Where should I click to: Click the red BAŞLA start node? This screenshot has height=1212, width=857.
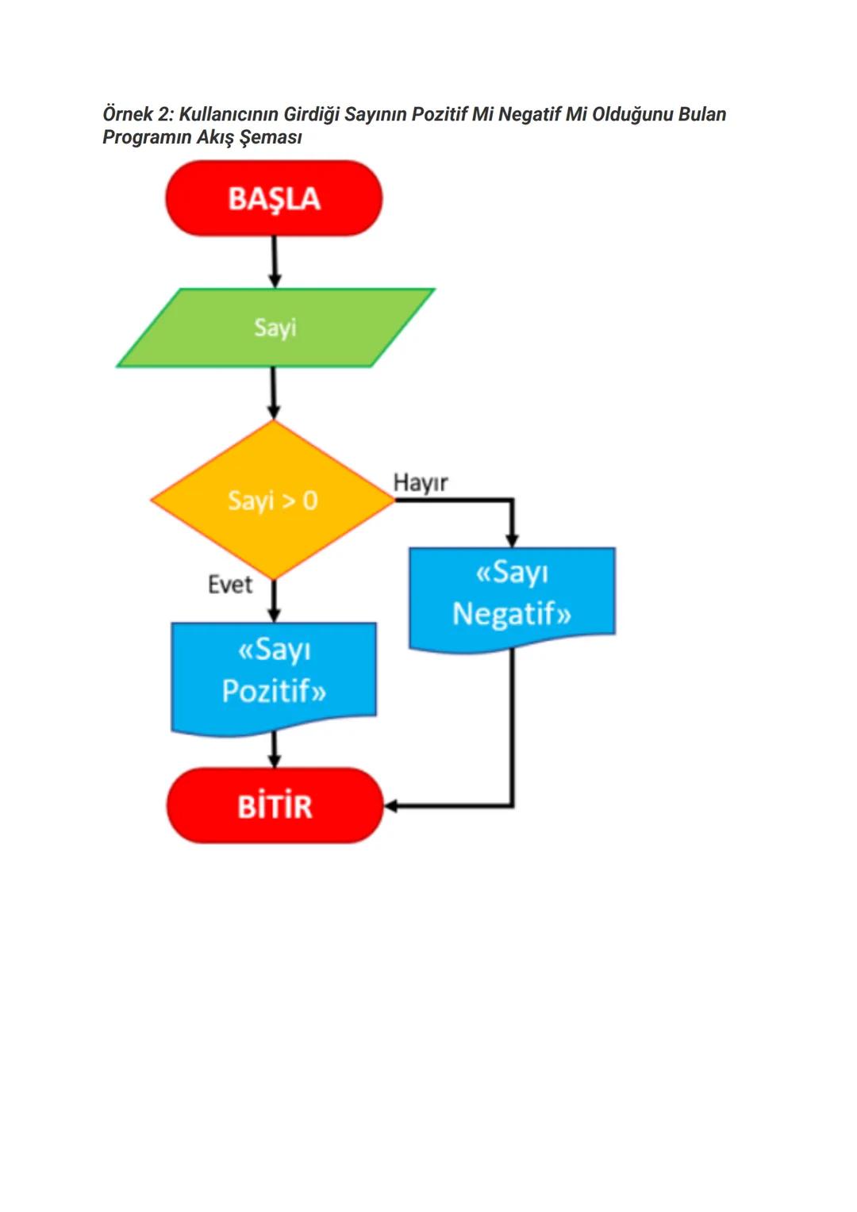pyautogui.click(x=274, y=198)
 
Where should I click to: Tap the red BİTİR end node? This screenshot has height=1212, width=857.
pyautogui.click(x=275, y=806)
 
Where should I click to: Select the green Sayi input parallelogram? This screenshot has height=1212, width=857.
pyautogui.click(x=275, y=328)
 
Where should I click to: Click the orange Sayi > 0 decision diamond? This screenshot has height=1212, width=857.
pyautogui.click(x=272, y=501)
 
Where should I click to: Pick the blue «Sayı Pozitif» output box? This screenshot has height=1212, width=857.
pyautogui.click(x=274, y=674)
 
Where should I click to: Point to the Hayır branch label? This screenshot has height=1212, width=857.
pyautogui.click(x=421, y=482)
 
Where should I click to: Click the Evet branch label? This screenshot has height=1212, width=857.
pyautogui.click(x=230, y=585)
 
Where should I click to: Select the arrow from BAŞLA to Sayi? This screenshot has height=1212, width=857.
pyautogui.click(x=275, y=261)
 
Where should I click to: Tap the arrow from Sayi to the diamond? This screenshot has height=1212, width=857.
pyautogui.click(x=274, y=392)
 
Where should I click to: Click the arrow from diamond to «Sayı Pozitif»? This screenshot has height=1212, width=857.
pyautogui.click(x=275, y=600)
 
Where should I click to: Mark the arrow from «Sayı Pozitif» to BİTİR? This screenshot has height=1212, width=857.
pyautogui.click(x=275, y=749)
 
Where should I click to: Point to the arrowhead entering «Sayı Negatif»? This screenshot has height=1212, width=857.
pyautogui.click(x=512, y=539)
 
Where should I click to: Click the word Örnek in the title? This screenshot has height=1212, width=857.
pyautogui.click(x=127, y=114)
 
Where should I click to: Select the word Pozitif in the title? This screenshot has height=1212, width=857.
pyautogui.click(x=440, y=114)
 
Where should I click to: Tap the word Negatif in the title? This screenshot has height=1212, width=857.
pyautogui.click(x=529, y=114)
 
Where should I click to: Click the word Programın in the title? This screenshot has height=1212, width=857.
pyautogui.click(x=147, y=137)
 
